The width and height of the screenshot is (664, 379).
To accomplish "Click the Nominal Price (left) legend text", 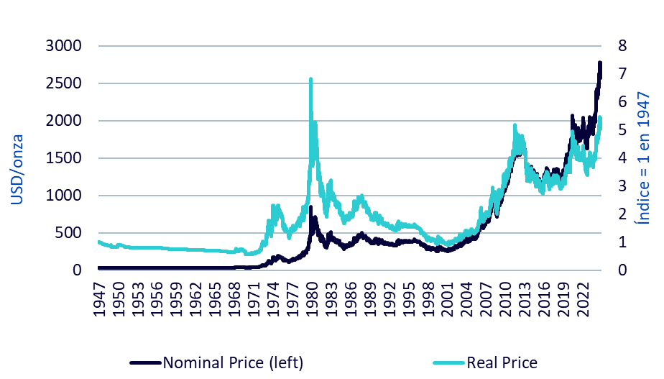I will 233,362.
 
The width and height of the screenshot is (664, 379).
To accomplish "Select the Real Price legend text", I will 502,362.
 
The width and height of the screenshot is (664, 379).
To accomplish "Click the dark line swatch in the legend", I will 145,362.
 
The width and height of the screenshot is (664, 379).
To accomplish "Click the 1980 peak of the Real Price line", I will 310,80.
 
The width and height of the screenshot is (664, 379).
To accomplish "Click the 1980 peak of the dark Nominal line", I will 310,208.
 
